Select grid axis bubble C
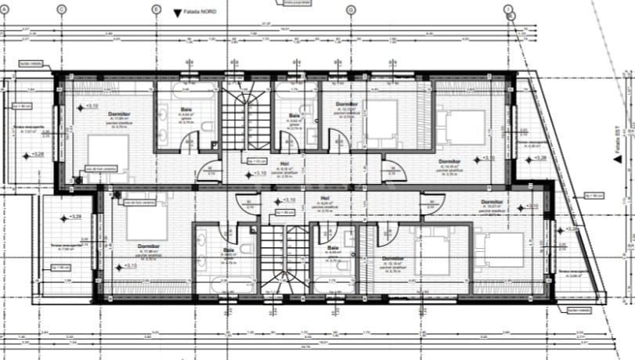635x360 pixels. [61, 9]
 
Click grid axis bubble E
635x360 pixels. [156, 9]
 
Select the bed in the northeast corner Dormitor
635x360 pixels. [455, 126]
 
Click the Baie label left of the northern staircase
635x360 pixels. [186, 110]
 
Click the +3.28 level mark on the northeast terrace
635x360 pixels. [539, 157]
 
